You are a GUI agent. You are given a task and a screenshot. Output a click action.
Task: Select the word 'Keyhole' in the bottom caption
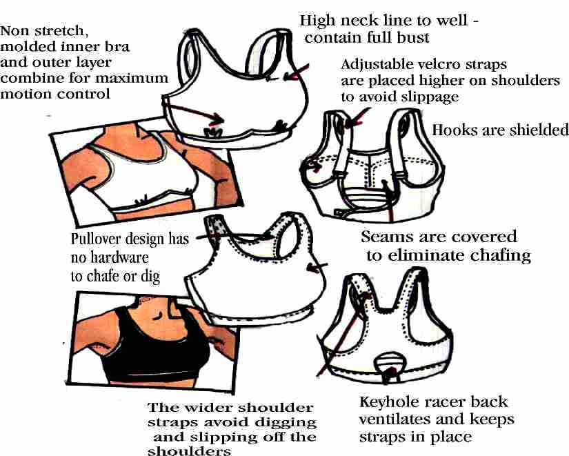click(x=387, y=402)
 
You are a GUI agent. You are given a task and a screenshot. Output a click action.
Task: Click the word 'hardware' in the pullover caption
click(x=119, y=258)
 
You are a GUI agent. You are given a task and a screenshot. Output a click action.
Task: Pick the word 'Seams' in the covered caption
click(x=388, y=237)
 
